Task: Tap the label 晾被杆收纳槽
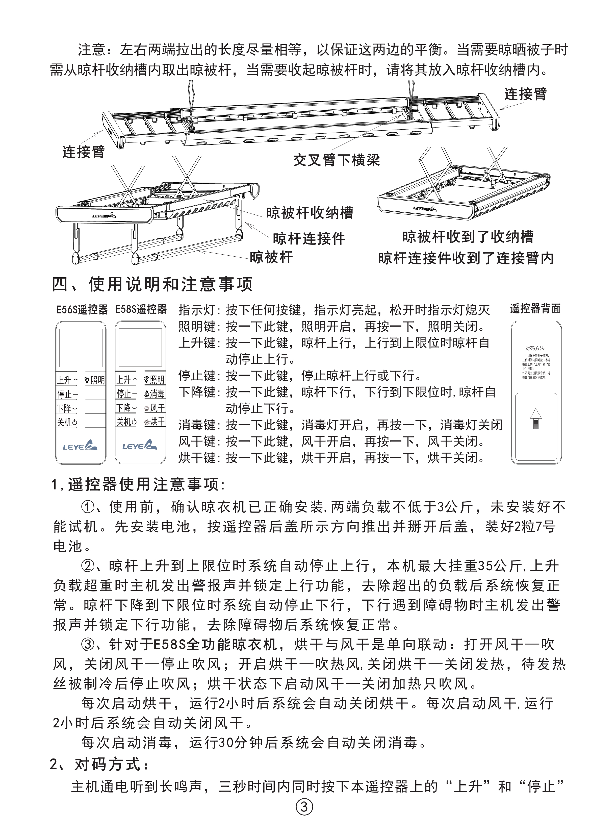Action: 310,213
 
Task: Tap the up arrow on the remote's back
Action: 535,419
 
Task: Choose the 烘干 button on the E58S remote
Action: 154,422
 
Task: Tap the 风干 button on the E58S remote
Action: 154,408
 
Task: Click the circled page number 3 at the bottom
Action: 304,807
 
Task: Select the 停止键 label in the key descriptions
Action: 197,376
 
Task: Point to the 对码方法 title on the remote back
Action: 535,348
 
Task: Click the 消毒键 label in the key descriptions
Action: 197,425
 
